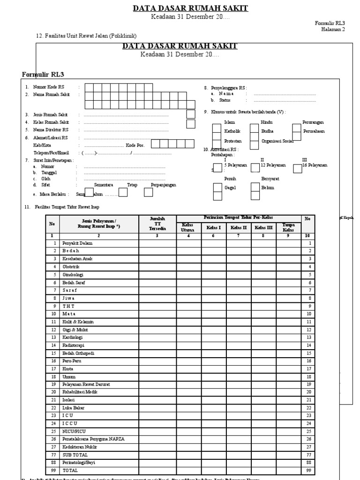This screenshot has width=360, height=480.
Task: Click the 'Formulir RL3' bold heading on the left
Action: (43, 74)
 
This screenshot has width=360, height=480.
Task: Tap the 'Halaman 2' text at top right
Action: (333, 29)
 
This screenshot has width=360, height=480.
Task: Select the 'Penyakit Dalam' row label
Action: (77, 243)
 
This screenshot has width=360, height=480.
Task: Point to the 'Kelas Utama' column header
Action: (187, 227)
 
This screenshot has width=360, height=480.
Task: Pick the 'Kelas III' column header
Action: (263, 228)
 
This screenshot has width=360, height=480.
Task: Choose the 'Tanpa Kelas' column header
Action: (288, 227)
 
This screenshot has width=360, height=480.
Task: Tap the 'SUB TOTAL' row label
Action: (75, 455)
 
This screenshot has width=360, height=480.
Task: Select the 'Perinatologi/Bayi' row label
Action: (80, 462)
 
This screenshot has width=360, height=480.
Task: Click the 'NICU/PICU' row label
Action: (74, 431)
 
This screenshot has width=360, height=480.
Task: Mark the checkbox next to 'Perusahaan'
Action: (296, 131)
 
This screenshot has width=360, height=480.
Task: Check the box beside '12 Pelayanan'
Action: (255, 167)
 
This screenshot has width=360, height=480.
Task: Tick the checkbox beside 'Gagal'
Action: (217, 188)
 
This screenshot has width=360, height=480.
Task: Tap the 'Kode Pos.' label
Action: (135, 145)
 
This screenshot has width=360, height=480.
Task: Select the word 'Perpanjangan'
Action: (164, 185)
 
